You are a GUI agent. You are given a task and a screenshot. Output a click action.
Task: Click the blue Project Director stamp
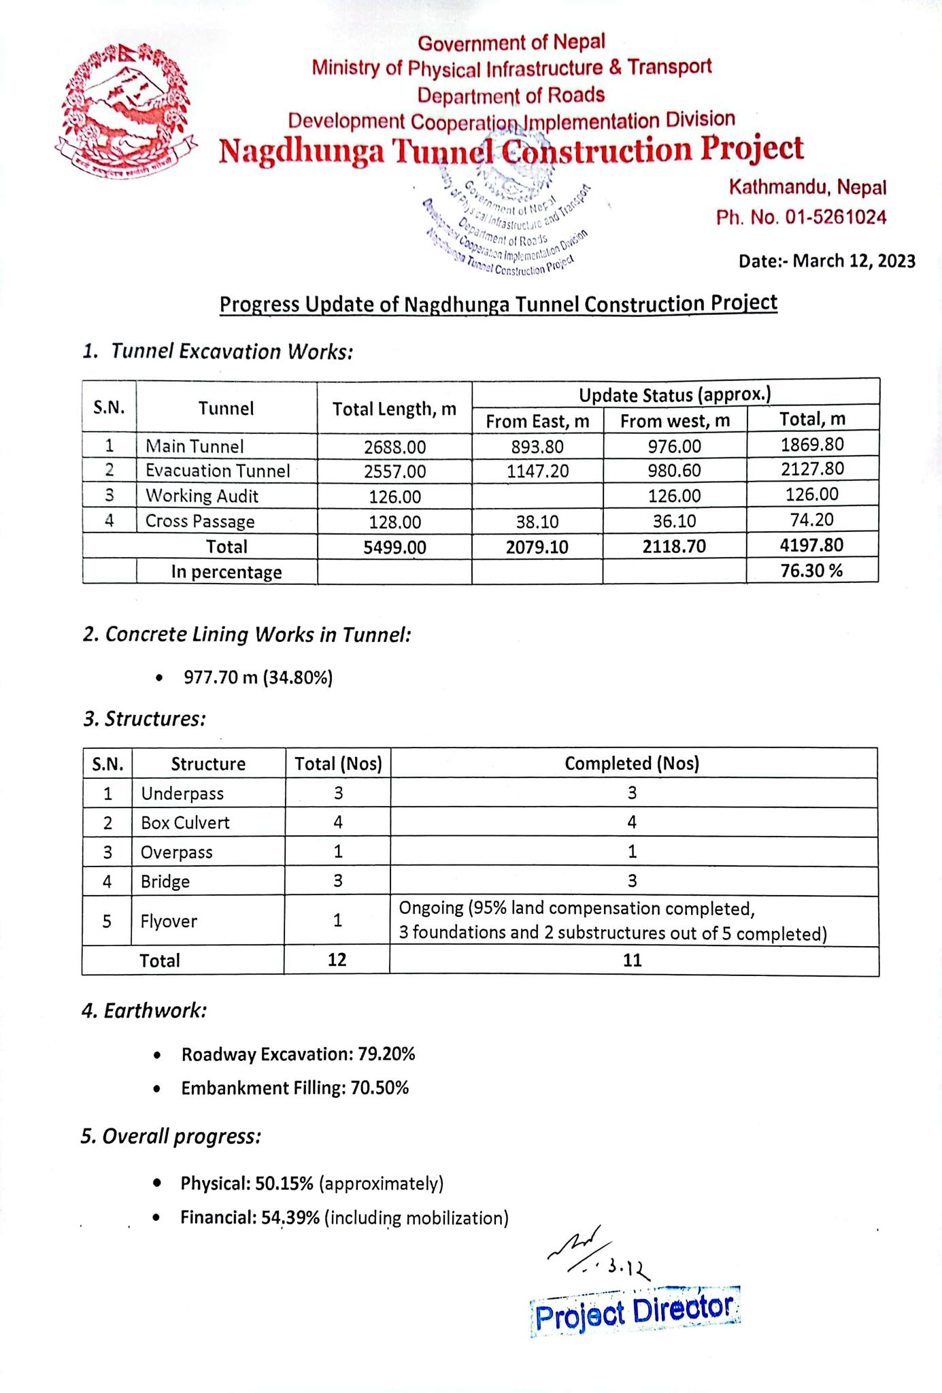[635, 1311]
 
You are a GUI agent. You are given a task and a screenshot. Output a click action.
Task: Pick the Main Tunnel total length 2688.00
[394, 447]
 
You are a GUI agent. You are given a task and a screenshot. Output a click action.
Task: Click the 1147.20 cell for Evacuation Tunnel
[537, 471]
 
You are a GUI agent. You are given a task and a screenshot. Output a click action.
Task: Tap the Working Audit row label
[202, 496]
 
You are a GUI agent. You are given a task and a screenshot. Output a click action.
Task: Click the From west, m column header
[675, 421]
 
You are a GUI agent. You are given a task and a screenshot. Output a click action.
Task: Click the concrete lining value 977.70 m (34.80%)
[258, 677]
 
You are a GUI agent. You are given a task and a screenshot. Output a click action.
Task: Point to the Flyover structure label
[169, 922]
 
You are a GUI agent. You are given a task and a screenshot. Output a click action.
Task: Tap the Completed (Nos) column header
[632, 763]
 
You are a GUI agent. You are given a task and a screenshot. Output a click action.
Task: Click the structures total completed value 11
[633, 960]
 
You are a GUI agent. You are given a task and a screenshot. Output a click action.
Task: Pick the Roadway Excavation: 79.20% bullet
[298, 1054]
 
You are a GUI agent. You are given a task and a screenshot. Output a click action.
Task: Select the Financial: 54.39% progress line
[344, 1218]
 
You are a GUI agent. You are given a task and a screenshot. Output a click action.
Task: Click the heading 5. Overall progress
[171, 1137]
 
